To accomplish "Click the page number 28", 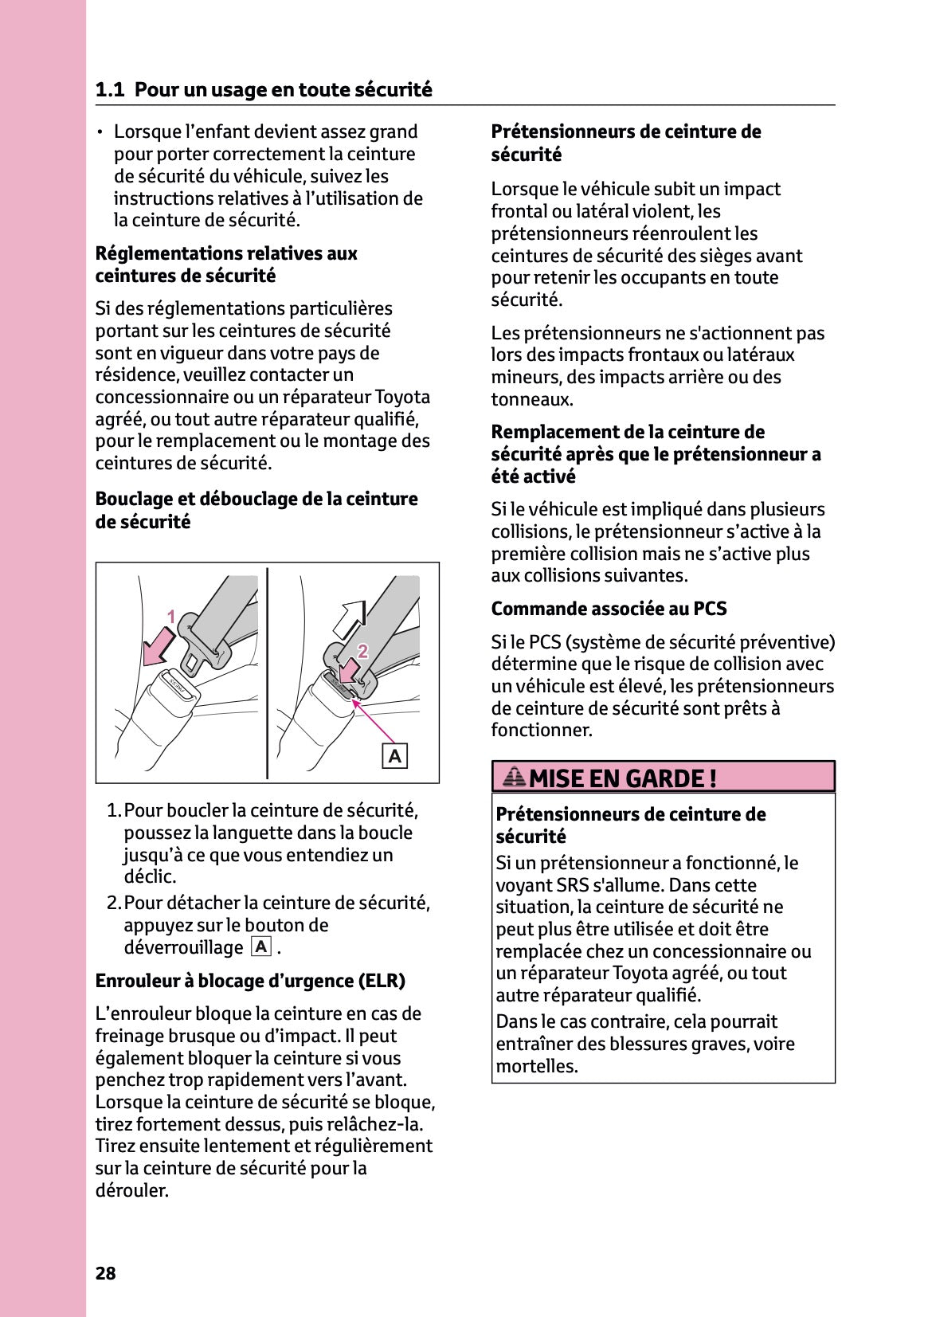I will (x=105, y=1273).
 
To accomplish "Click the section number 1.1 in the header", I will (x=109, y=90).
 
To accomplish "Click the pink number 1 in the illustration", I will (x=170, y=617).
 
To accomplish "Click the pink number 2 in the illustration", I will (x=362, y=651).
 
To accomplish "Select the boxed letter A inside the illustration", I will (x=394, y=755).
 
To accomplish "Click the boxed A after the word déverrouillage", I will (x=261, y=947).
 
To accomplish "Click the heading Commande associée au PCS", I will (x=609, y=609).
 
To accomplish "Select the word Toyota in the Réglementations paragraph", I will (x=402, y=397).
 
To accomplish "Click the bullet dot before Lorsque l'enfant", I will (x=100, y=132).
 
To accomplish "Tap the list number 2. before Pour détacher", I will (x=115, y=903).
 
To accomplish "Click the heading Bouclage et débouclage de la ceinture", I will (x=256, y=500).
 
